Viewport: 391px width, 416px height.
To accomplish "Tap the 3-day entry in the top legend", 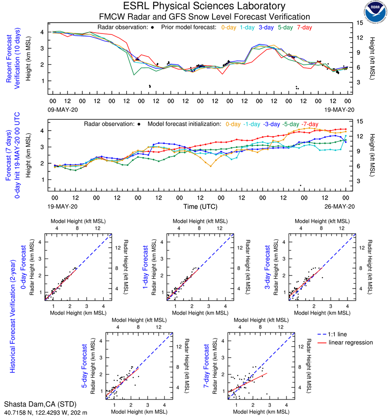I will [266, 27].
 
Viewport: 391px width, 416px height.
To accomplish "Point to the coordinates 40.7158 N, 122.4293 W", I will [45, 412].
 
